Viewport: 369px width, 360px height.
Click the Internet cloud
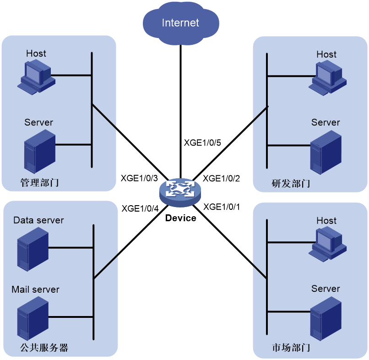coord(181,23)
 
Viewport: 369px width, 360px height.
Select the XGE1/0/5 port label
coord(202,143)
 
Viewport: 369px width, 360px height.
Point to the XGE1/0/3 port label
coord(139,178)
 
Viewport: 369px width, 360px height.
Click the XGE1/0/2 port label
coord(222,179)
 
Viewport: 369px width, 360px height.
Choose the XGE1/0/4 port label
coord(140,208)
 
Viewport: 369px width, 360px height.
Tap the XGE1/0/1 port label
coord(222,207)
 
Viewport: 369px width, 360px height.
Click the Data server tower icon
coord(33,249)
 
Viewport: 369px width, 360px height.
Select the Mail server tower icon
coord(33,318)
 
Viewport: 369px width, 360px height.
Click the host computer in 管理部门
coord(36,77)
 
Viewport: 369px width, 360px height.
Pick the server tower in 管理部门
coord(40,152)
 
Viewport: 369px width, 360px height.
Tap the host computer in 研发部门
coord(328,78)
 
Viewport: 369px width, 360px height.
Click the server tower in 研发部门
coord(326,153)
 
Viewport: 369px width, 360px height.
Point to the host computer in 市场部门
coord(328,244)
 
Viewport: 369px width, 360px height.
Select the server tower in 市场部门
coord(326,319)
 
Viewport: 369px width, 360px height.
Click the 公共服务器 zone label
coord(44,348)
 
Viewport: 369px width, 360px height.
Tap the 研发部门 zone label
coord(291,183)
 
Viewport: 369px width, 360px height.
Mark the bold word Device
coord(181,218)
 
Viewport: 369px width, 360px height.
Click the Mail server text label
coord(35,289)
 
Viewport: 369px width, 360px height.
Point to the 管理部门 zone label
coord(39,182)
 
